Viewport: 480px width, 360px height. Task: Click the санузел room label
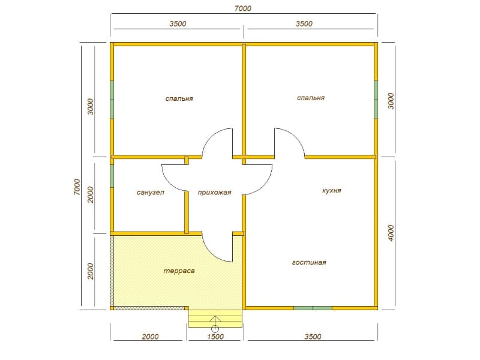click(x=151, y=193)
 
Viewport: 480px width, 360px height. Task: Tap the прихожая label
click(x=214, y=193)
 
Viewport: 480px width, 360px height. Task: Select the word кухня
click(x=332, y=190)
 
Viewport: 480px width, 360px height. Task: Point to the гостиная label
click(x=309, y=262)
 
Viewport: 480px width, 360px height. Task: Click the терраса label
click(x=179, y=271)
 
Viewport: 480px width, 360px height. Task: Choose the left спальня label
click(x=179, y=98)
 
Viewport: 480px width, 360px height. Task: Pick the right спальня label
click(x=311, y=98)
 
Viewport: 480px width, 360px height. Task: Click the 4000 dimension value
click(x=391, y=233)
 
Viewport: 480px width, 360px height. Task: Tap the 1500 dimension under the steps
click(x=215, y=337)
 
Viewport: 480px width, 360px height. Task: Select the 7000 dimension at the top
click(x=243, y=8)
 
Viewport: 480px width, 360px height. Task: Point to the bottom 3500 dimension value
click(x=313, y=337)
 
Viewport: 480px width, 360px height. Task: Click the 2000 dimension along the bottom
click(x=151, y=337)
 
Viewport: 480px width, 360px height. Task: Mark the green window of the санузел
click(x=112, y=176)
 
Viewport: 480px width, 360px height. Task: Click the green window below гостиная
click(x=313, y=308)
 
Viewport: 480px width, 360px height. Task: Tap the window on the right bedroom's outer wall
click(x=376, y=100)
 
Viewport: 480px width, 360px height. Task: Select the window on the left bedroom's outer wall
click(x=112, y=100)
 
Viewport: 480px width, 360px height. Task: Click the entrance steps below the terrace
click(x=215, y=319)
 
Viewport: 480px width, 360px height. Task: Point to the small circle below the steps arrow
click(x=215, y=329)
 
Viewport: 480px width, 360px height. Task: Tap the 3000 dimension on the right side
click(x=391, y=101)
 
